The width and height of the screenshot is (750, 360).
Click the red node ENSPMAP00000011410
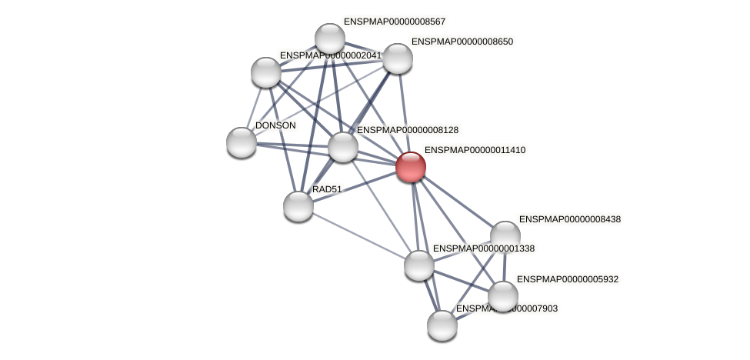click(x=410, y=166)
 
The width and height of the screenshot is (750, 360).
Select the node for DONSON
click(x=242, y=142)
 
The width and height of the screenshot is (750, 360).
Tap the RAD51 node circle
click(x=298, y=205)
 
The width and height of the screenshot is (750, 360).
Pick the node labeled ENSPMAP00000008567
click(x=330, y=38)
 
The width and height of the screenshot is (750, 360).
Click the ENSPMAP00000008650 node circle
click(x=397, y=58)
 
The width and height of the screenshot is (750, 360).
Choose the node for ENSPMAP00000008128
click(x=343, y=147)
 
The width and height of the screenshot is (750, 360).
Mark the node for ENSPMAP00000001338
click(x=419, y=265)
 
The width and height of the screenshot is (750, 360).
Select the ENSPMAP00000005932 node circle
click(x=502, y=296)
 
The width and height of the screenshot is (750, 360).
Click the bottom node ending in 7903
click(x=442, y=325)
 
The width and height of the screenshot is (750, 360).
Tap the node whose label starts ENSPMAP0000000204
click(x=266, y=72)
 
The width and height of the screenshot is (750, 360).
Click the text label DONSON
click(x=275, y=125)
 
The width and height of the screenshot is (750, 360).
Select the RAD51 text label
click(x=327, y=189)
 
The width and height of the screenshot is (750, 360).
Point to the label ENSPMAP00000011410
click(x=475, y=150)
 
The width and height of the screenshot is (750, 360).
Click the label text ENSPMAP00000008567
click(x=394, y=22)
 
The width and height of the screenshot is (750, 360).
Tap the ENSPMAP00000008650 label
click(x=462, y=42)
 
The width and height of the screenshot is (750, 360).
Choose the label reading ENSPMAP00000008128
click(x=407, y=131)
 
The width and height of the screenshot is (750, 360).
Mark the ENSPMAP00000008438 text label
click(x=569, y=219)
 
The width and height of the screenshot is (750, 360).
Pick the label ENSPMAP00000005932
click(x=567, y=279)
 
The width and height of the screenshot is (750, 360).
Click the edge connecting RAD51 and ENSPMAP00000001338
click(x=358, y=235)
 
